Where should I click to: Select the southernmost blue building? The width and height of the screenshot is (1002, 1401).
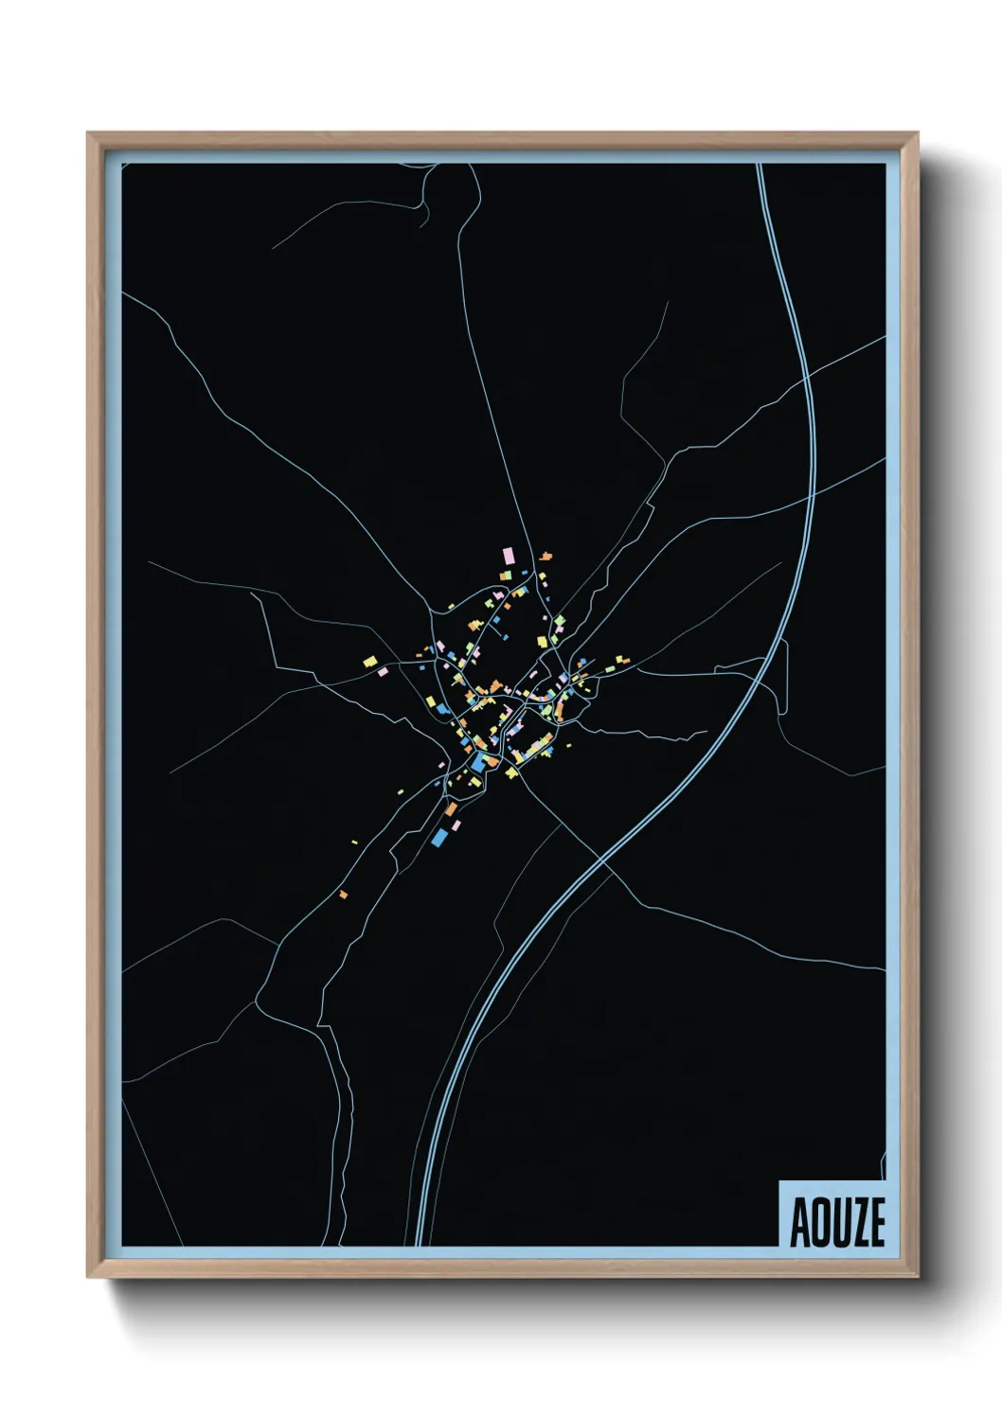438,838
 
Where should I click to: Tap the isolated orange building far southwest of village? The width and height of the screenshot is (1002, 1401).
343,894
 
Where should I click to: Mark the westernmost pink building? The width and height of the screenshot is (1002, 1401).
384,671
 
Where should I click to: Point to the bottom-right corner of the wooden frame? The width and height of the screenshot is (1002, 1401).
917,1276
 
